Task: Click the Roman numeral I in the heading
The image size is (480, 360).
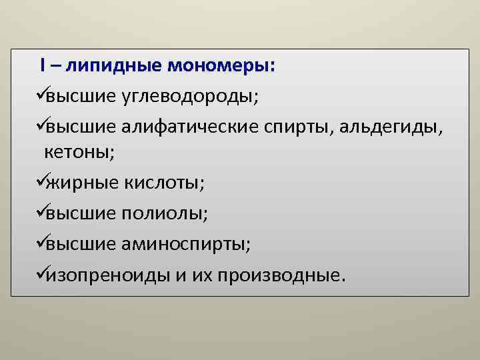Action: [x=42, y=65]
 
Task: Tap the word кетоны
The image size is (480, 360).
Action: [x=79, y=152]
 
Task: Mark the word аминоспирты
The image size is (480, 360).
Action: [x=187, y=244]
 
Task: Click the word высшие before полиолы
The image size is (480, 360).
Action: [x=81, y=213]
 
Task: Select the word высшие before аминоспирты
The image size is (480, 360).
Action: [x=81, y=244]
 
